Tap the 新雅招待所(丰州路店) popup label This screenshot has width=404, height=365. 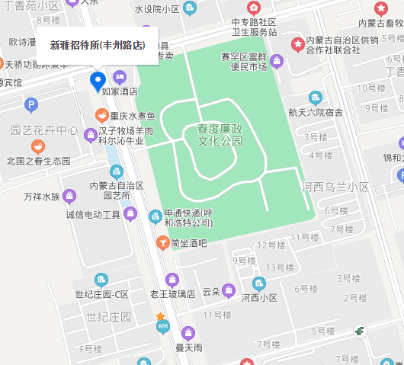click(x=97, y=45)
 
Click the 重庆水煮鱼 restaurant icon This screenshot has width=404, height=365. click(x=101, y=116)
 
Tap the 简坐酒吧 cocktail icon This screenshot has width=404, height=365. click(x=162, y=243)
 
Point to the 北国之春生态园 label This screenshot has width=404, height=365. click(x=38, y=161)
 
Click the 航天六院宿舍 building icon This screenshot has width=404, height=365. click(x=315, y=97)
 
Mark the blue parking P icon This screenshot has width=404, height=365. click(x=31, y=105)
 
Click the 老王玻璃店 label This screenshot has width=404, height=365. click(x=172, y=294)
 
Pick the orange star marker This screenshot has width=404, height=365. click(x=160, y=316)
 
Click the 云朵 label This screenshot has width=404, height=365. click(x=210, y=292)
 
